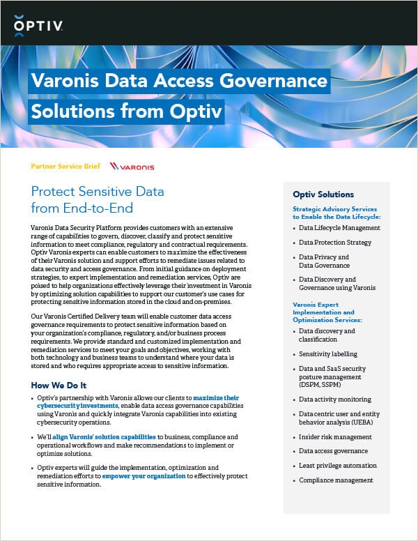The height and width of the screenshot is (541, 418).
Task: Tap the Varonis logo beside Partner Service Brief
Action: [132, 167]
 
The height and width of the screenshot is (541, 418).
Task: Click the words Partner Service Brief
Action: [66, 167]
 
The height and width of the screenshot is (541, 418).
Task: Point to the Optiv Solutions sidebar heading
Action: [323, 195]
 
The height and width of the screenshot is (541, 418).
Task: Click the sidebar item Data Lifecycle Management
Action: [339, 228]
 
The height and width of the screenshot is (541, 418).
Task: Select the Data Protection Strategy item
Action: [335, 243]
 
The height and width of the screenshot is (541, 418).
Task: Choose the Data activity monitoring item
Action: [334, 399]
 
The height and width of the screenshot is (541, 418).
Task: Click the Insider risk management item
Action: [335, 437]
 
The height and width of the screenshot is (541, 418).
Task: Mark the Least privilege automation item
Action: [338, 466]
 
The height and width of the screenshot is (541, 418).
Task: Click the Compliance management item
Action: [336, 480]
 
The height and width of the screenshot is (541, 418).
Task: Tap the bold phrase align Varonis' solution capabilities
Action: [107, 436]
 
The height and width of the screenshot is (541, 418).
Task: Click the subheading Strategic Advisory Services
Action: [335, 209]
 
